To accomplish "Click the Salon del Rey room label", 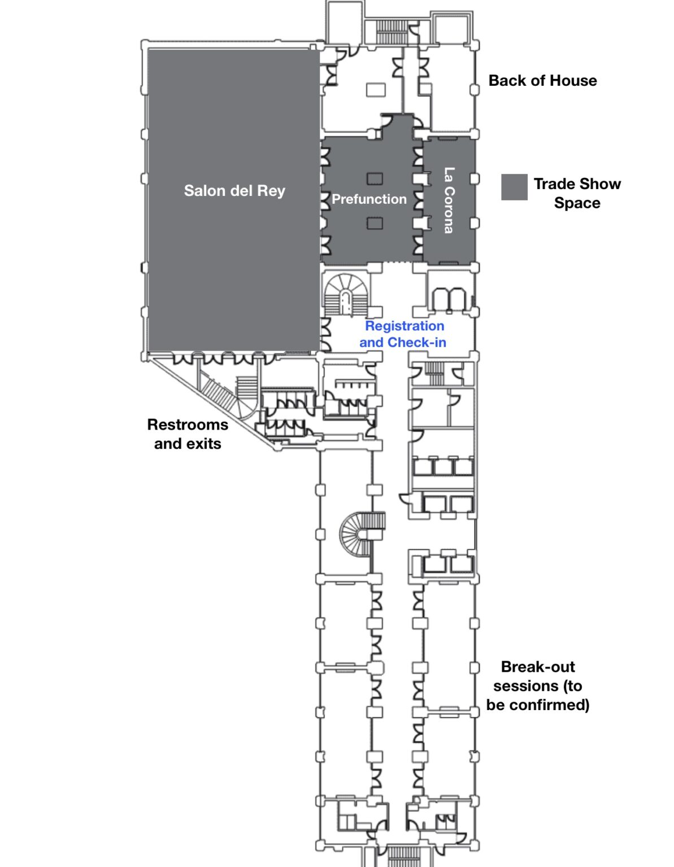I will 234,191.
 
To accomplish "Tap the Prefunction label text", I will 369,199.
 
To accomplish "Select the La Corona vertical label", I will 449,200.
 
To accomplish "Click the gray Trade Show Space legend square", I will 514,187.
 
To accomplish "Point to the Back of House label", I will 542,81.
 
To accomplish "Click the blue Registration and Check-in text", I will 403,334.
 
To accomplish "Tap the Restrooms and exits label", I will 188,434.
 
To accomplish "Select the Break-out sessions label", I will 537,686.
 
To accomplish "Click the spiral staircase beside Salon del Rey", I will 345,294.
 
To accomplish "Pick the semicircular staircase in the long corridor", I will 361,532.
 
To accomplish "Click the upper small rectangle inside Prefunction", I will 375,179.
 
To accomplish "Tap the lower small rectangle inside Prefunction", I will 375,223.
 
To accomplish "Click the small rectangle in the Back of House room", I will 376,90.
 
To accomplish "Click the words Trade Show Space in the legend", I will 577,194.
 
